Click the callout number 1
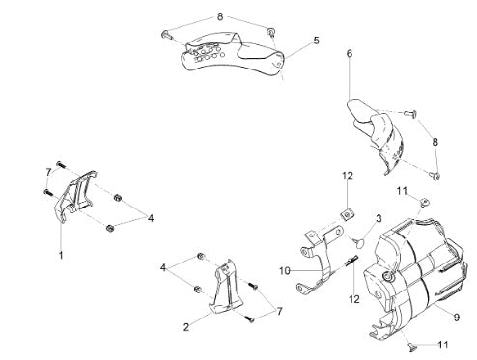pyautogui.click(x=61, y=255)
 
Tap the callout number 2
pyautogui.click(x=186, y=327)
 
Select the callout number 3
pyautogui.click(x=379, y=218)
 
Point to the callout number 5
pyautogui.click(x=316, y=41)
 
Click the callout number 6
pyautogui.click(x=350, y=53)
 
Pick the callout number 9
pyautogui.click(x=457, y=318)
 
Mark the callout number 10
pyautogui.click(x=285, y=271)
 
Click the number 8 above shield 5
pyautogui.click(x=220, y=16)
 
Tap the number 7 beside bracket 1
pyautogui.click(x=48, y=173)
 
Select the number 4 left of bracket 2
pyautogui.click(x=163, y=267)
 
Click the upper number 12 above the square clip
pyautogui.click(x=348, y=176)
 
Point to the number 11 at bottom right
pyautogui.click(x=443, y=345)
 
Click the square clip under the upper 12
pyautogui.click(x=347, y=214)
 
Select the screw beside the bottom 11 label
pyautogui.click(x=411, y=346)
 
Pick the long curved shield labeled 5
pyautogui.click(x=233, y=55)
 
